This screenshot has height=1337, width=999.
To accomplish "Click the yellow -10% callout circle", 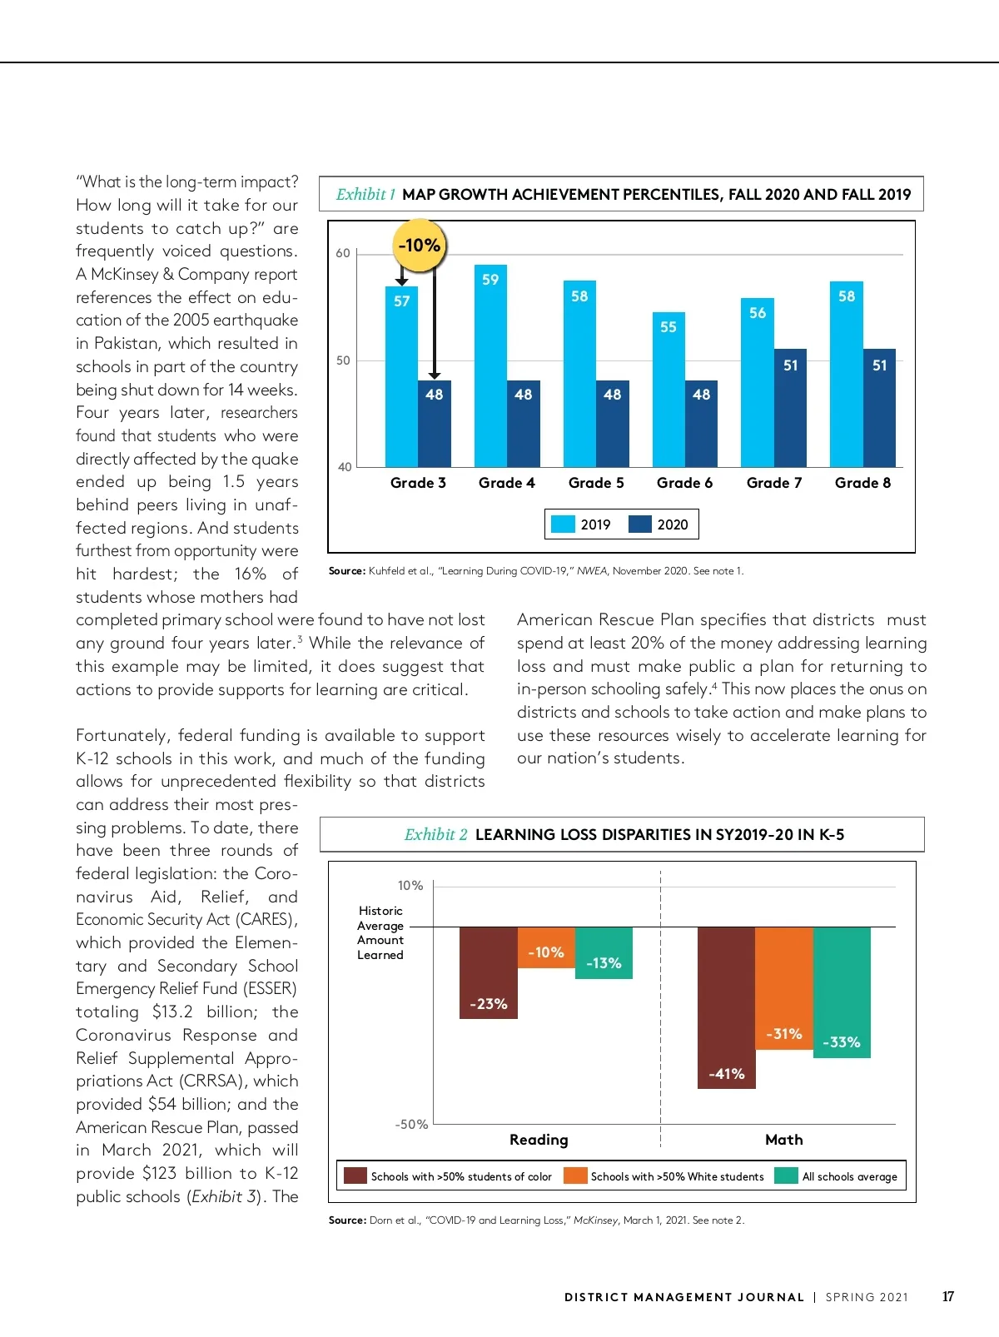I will pyautogui.click(x=419, y=246).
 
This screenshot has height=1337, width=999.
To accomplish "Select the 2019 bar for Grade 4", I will pyautogui.click(x=490, y=366).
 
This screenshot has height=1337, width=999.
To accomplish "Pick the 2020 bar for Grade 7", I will pyautogui.click(x=790, y=408).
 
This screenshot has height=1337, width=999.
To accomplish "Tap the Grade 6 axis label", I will pyautogui.click(x=684, y=483).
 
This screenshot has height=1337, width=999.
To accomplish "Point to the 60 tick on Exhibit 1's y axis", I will pyautogui.click(x=343, y=253).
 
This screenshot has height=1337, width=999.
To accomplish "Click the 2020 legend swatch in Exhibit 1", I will pyautogui.click(x=639, y=524).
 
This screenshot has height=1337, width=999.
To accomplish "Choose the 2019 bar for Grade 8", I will pyautogui.click(x=846, y=375).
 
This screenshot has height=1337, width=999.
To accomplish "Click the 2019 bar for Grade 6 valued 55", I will pyautogui.click(x=668, y=390).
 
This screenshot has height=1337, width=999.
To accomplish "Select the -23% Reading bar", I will pyautogui.click(x=488, y=972).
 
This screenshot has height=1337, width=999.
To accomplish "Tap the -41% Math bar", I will pyautogui.click(x=726, y=1007).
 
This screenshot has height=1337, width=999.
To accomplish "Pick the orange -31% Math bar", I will pyautogui.click(x=783, y=988).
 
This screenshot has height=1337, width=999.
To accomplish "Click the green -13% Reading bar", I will pyautogui.click(x=604, y=952).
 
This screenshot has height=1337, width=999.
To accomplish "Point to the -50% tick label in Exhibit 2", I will pyautogui.click(x=411, y=1125).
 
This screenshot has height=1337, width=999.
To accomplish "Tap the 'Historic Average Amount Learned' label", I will pyautogui.click(x=380, y=933).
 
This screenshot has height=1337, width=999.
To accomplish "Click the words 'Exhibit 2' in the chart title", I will pyautogui.click(x=435, y=834).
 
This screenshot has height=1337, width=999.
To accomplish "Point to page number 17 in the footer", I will pyautogui.click(x=947, y=1297).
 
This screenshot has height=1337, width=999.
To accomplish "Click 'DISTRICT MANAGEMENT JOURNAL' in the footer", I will pyautogui.click(x=683, y=1297).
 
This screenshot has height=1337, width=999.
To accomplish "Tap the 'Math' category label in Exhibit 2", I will pyautogui.click(x=783, y=1140).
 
